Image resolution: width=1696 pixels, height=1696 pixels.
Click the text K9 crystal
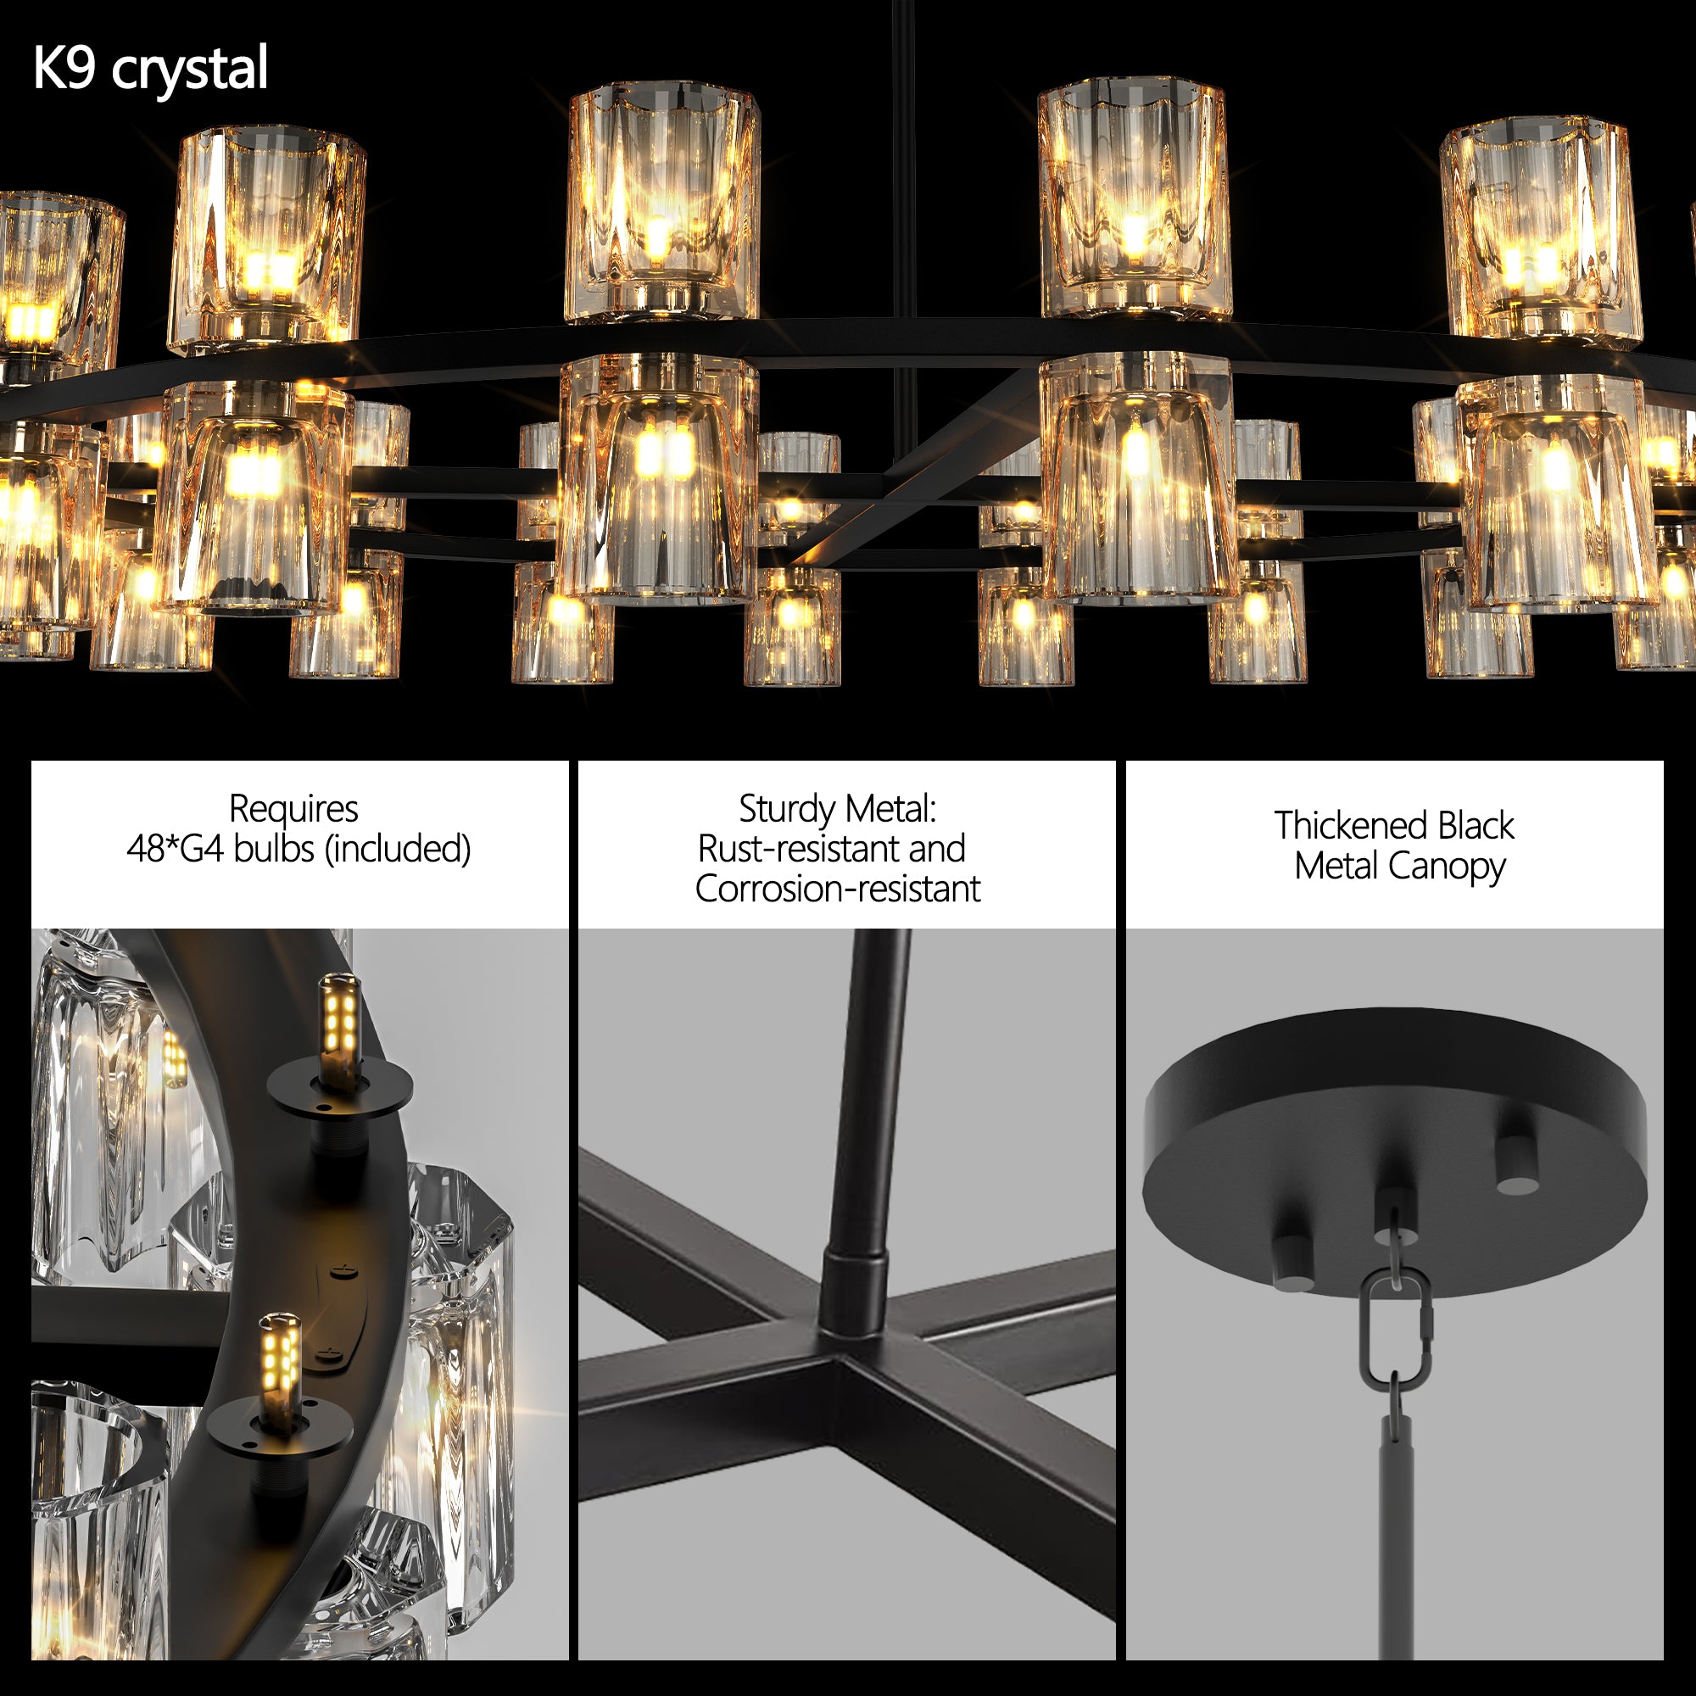(150, 69)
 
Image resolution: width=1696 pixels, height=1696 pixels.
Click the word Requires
(293, 808)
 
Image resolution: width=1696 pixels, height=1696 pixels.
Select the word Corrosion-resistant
(838, 890)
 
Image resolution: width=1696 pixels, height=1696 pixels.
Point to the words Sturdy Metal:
(838, 808)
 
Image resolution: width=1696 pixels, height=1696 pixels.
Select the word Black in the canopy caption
(1475, 825)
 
